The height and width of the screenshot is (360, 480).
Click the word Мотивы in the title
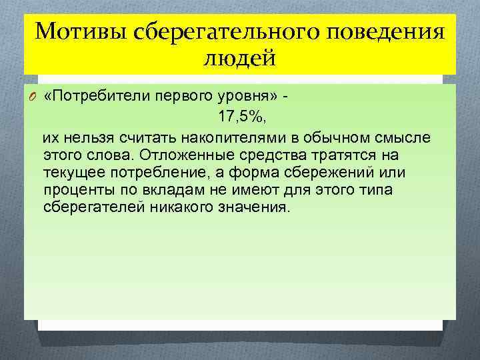pyautogui.click(x=74, y=31)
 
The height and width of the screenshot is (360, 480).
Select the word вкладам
pyautogui.click(x=165, y=190)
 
